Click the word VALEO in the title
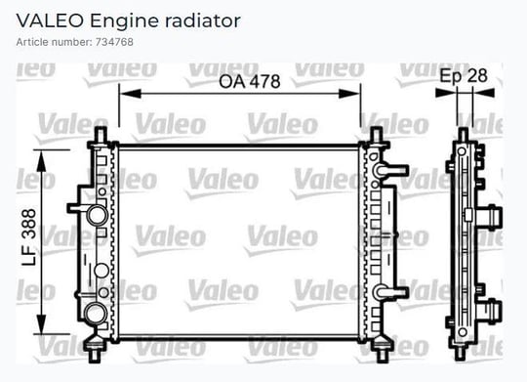(x=50, y=21)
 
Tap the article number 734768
(x=114, y=42)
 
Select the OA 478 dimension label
(x=250, y=82)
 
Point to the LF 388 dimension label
(x=29, y=237)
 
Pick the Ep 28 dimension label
(x=464, y=76)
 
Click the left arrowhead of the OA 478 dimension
(x=131, y=94)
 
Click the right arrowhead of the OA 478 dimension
(x=349, y=94)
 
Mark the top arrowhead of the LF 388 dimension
(x=41, y=161)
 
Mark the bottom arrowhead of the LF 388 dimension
(x=41, y=323)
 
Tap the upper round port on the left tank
(x=98, y=215)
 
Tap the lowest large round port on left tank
(x=95, y=314)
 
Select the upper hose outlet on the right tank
(x=391, y=170)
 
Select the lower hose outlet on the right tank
(x=391, y=292)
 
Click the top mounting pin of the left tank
(x=101, y=135)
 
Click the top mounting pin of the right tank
(x=376, y=135)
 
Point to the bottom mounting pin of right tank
(x=382, y=354)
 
